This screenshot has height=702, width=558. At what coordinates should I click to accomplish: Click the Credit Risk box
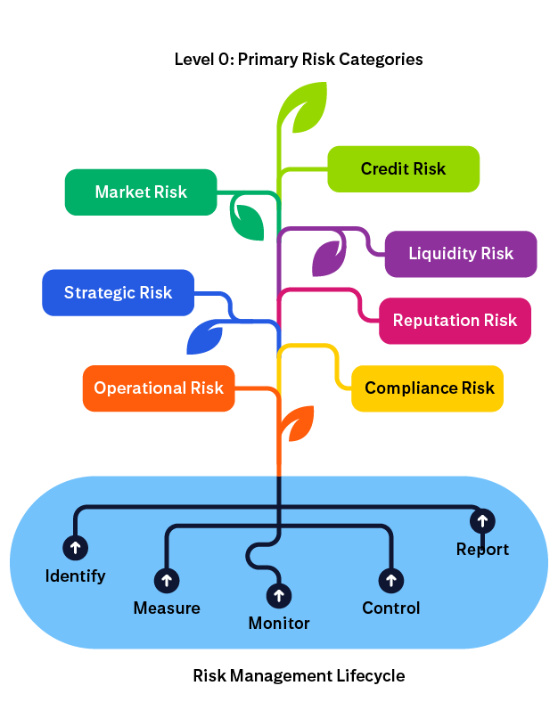(x=403, y=169)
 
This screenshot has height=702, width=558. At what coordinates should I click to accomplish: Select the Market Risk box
(x=141, y=192)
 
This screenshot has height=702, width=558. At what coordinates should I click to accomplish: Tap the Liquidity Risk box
(x=460, y=254)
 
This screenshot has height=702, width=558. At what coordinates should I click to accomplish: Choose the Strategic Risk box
(x=118, y=292)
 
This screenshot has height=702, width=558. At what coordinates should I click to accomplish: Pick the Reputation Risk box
(x=455, y=321)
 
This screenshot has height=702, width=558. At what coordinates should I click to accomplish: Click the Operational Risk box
(x=159, y=388)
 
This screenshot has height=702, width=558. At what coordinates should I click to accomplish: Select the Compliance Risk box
(x=428, y=388)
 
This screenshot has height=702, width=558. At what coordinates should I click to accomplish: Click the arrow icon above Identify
(x=75, y=547)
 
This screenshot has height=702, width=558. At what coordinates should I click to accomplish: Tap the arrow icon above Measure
(x=166, y=581)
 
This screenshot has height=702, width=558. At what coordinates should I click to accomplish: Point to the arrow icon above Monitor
(x=279, y=595)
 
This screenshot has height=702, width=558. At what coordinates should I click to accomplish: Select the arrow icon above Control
(x=390, y=581)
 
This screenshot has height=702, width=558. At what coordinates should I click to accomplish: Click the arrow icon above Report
(x=482, y=520)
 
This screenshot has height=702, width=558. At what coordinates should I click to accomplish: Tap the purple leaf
(x=327, y=257)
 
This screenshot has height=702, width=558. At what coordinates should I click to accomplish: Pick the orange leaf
(x=299, y=423)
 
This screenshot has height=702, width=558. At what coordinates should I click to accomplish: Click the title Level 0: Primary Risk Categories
(x=299, y=60)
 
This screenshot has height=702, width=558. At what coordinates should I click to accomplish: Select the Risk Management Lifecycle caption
(x=299, y=675)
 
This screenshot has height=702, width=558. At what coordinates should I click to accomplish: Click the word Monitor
(x=279, y=624)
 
